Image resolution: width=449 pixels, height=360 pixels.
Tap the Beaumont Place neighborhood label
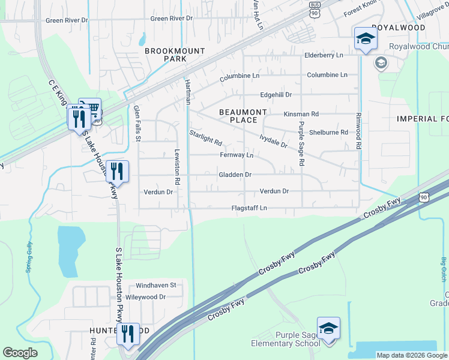[243, 116]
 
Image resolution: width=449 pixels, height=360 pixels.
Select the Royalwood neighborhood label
[398, 28]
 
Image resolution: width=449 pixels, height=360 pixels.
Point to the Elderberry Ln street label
[324, 55]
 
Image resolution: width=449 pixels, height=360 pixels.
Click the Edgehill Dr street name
[276, 95]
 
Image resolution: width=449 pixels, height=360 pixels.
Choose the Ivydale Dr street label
[273, 142]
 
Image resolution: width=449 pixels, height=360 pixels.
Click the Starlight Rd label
[206, 138]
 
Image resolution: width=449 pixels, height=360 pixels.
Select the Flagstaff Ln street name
[249, 208]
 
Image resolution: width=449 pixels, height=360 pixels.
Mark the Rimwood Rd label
[358, 131]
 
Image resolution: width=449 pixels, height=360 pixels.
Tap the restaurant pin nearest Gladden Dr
[117, 171]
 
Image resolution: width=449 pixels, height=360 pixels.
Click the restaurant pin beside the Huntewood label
[127, 333]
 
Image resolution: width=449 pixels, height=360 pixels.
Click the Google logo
[20, 353]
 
